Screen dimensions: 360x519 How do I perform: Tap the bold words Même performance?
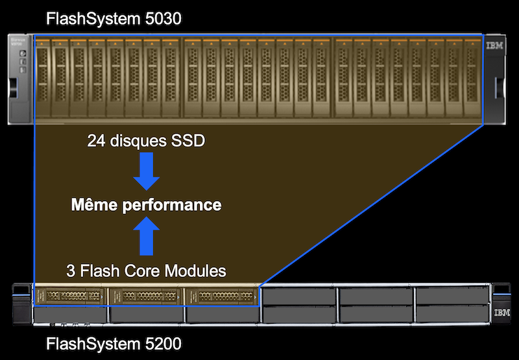(146, 206)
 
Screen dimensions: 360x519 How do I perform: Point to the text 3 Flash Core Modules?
(146, 270)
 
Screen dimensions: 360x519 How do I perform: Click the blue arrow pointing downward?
(146, 171)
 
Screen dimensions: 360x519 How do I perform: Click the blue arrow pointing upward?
(146, 237)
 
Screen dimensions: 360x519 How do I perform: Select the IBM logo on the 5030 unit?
(494, 47)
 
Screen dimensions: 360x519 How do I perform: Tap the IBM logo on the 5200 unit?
(501, 313)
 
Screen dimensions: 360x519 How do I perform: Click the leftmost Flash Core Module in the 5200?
(70, 296)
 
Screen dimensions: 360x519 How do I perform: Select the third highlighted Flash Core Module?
(221, 296)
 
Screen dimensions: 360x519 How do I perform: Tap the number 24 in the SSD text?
(96, 141)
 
